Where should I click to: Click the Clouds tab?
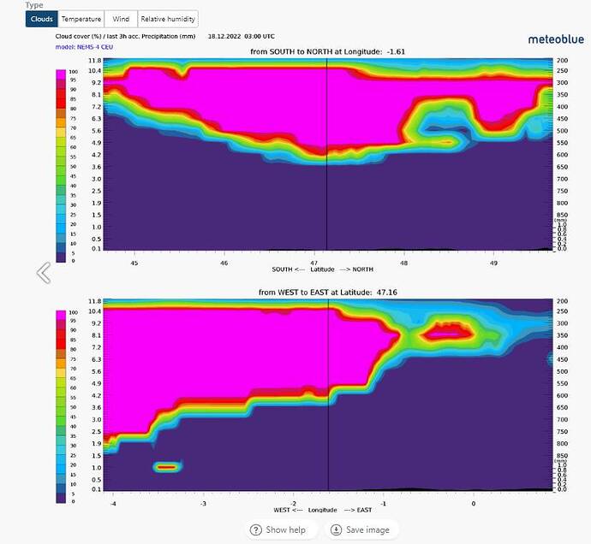pos(41,19)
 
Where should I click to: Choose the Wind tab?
pos(122,19)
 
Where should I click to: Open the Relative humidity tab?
pos(168,19)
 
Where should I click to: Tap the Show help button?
pos(280,529)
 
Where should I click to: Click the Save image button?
pos(360,529)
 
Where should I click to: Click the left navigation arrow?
pos(43,273)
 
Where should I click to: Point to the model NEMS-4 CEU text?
pos(84,46)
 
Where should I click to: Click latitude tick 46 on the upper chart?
pos(224,263)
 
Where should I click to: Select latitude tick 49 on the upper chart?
pos(494,263)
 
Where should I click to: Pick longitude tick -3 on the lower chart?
pos(204,503)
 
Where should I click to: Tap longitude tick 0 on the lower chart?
pos(473,503)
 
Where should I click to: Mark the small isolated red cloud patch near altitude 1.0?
pos(168,467)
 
